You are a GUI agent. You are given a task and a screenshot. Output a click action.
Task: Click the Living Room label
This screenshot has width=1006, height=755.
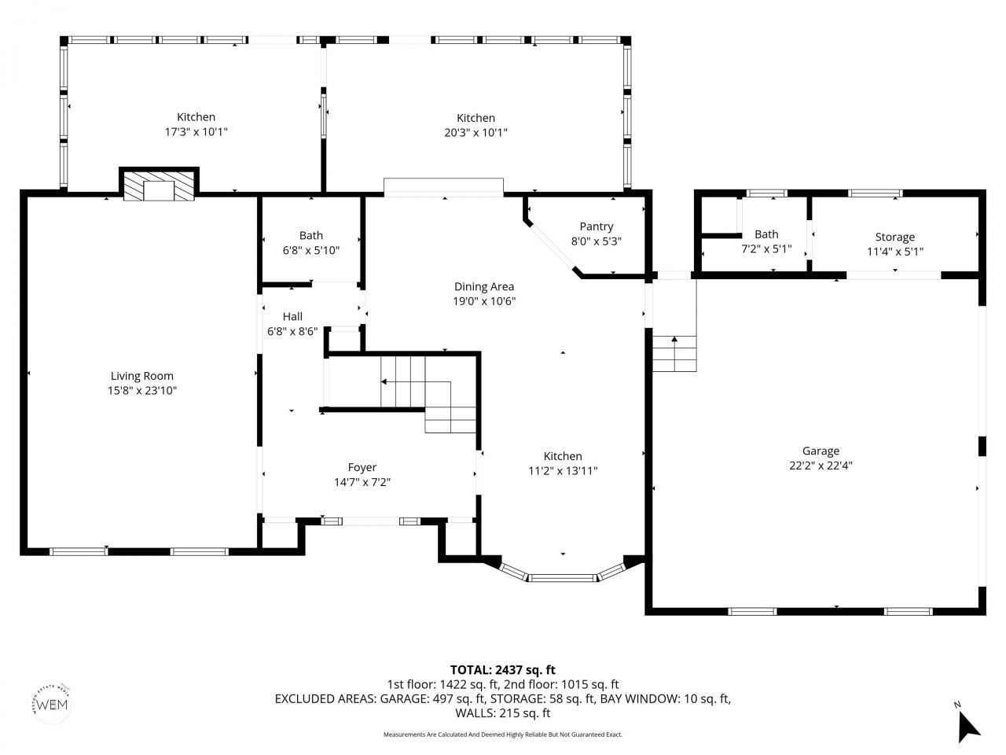click(141, 376)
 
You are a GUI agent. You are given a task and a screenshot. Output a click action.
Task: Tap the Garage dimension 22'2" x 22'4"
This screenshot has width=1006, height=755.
click(821, 465)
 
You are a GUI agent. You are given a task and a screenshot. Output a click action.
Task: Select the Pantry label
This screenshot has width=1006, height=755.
click(596, 227)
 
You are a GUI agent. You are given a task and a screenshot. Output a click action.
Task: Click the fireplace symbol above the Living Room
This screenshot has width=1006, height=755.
click(159, 186)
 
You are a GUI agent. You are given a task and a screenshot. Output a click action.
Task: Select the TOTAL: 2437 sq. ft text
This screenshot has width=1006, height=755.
click(502, 669)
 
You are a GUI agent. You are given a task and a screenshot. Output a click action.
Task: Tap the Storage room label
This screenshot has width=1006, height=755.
click(894, 237)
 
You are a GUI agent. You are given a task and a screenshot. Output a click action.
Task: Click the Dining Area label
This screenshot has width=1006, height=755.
click(483, 286)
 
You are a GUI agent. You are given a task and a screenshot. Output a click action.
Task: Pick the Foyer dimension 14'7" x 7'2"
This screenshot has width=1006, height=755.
click(362, 482)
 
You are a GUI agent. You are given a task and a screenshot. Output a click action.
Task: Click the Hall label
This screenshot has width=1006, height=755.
click(292, 316)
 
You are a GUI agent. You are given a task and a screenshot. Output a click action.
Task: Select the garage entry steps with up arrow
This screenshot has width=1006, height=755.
click(674, 353)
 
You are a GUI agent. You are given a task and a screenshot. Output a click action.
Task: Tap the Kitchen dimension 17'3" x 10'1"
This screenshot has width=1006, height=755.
click(196, 132)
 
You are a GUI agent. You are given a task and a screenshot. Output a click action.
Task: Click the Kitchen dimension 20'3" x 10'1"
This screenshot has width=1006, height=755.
click(475, 132)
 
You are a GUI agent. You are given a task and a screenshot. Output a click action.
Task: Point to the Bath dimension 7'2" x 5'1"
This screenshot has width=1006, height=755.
click(766, 249)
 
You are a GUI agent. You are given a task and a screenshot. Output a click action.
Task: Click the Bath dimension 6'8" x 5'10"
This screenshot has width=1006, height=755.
click(310, 250)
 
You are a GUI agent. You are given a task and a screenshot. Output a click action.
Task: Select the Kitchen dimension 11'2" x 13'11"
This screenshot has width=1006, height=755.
click(563, 471)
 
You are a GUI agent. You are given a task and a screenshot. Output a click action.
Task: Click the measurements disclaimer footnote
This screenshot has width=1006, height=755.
click(502, 735)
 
